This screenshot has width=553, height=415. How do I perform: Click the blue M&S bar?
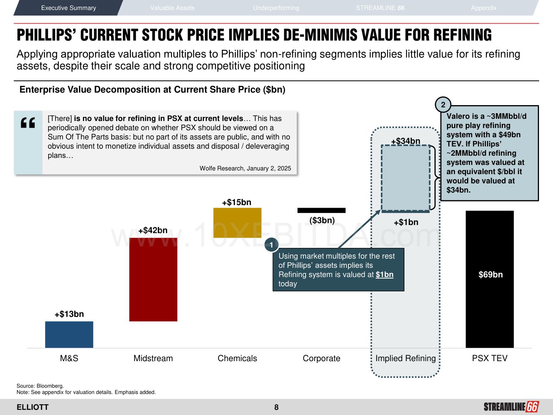pyautogui.click(x=69, y=334)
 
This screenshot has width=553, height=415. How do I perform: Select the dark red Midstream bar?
pyautogui.click(x=153, y=279)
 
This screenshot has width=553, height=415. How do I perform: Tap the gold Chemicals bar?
pyautogui.click(x=237, y=222)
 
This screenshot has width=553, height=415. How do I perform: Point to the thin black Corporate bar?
pyautogui.click(x=321, y=210)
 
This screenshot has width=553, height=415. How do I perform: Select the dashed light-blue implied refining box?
pyautogui.click(x=405, y=178)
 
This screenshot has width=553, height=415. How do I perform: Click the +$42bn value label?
pyautogui.click(x=153, y=231)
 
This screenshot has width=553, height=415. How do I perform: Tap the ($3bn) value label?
pyautogui.click(x=322, y=221)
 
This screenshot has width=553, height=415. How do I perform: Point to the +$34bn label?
pyautogui.click(x=406, y=141)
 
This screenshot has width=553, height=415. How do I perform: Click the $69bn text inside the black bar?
pyautogui.click(x=490, y=274)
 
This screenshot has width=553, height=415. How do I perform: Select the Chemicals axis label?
pyautogui.click(x=237, y=358)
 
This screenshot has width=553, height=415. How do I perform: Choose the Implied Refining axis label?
pyautogui.click(x=405, y=358)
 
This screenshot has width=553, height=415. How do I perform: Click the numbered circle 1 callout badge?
pyautogui.click(x=271, y=245)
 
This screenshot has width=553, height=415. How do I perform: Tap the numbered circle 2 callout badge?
pyautogui.click(x=443, y=105)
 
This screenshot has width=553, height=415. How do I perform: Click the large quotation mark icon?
pyautogui.click(x=28, y=122)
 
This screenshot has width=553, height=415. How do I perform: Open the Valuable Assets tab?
pyautogui.click(x=172, y=8)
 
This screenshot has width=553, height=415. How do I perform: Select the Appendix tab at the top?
pyautogui.click(x=483, y=8)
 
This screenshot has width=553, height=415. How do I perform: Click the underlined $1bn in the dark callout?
pyautogui.click(x=384, y=274)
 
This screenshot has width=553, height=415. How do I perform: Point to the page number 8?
pyautogui.click(x=276, y=407)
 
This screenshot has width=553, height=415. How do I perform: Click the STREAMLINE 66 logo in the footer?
pyautogui.click(x=511, y=407)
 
